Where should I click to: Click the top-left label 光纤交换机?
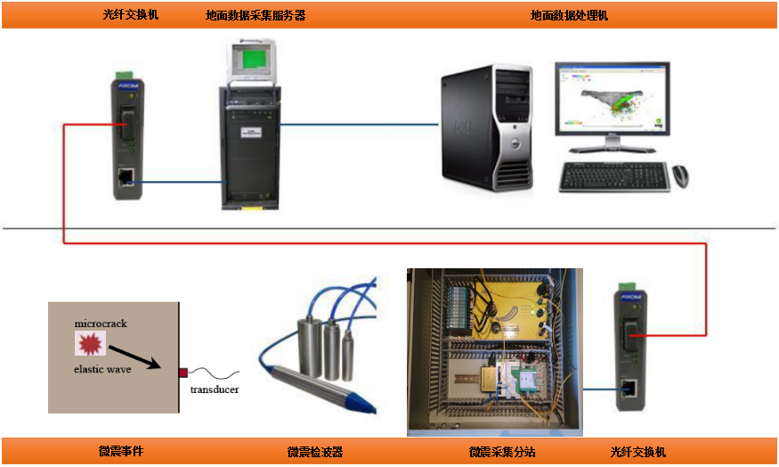(x=131, y=15)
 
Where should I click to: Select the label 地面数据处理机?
(x=570, y=15)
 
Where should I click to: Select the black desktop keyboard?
(x=614, y=177)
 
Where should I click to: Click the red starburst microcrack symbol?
(x=91, y=342)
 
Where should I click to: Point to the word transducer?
(x=215, y=389)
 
